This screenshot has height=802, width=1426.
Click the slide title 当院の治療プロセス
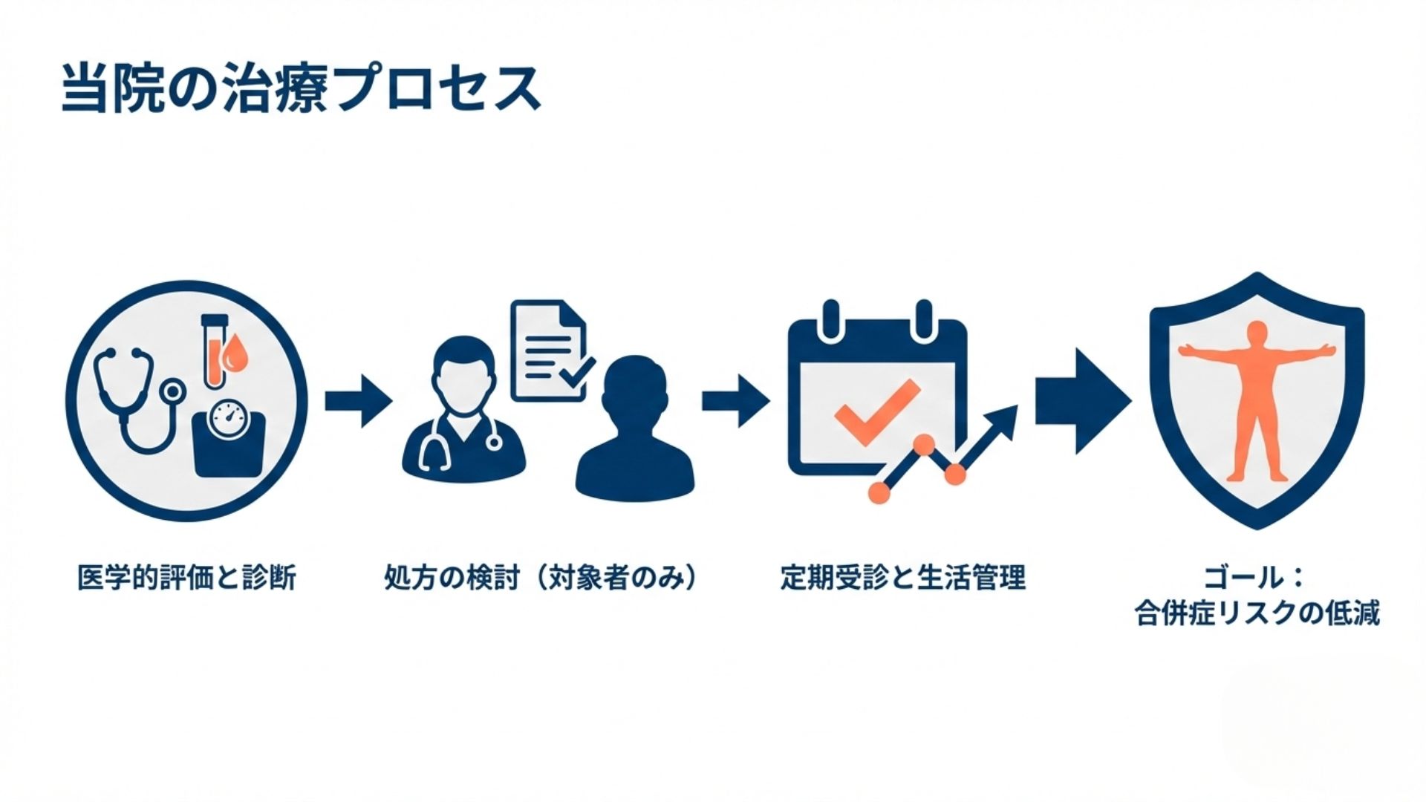click(x=300, y=89)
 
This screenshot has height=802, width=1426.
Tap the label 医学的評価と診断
click(x=186, y=577)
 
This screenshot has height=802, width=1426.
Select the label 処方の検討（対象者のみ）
click(x=541, y=577)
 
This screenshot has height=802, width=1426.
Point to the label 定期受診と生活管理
click(x=902, y=577)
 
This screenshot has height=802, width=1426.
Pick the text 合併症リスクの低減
click(x=1257, y=613)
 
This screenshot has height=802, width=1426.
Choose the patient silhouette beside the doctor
click(x=635, y=431)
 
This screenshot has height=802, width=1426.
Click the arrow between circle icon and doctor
click(x=358, y=401)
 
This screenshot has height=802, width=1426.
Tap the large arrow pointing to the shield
click(x=1083, y=401)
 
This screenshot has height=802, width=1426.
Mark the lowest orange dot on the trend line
click(x=879, y=492)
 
